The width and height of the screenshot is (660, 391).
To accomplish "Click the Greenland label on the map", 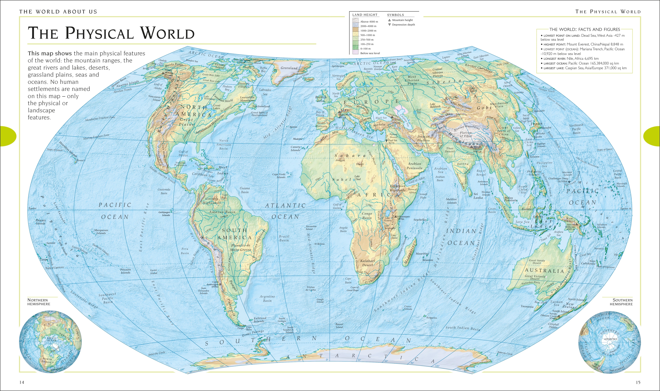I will (x=289, y=68).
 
